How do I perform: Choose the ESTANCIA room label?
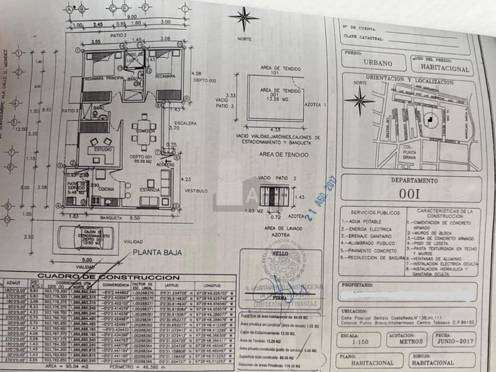point(149,190)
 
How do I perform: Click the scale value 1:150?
point(355,342)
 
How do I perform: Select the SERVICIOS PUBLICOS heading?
point(373,211)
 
